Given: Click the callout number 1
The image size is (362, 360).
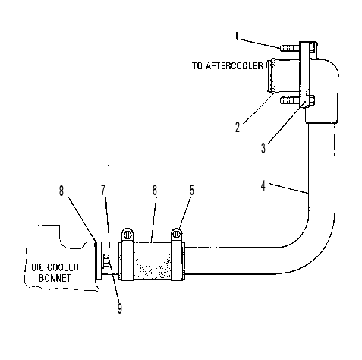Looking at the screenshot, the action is [237, 36].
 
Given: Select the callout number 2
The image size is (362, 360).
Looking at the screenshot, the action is [238, 127].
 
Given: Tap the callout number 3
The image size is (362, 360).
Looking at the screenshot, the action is [263, 148].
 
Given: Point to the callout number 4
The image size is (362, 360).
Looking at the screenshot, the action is [263, 185].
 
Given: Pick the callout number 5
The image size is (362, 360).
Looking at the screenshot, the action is [192, 190].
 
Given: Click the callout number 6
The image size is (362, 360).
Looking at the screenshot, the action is [155, 190].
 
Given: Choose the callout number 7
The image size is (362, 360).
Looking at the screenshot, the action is [103, 190].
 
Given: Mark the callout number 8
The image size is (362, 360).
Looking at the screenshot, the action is [61, 191].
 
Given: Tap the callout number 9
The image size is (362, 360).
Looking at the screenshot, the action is [120, 308].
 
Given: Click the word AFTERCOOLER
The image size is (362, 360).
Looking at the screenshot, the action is [235, 66].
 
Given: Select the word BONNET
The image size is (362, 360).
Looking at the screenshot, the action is [55, 278].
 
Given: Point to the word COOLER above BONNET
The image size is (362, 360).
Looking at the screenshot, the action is [63, 267].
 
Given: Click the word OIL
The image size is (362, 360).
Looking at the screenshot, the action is [36, 267].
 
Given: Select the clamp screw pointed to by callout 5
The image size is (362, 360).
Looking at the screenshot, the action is [177, 235].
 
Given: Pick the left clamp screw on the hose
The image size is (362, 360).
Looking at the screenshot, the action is [127, 235].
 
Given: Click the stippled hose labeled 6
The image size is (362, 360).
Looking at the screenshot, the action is [152, 261].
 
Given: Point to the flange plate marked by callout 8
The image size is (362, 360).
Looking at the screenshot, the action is [98, 261].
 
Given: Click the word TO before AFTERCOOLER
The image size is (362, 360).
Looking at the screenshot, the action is [197, 66].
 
